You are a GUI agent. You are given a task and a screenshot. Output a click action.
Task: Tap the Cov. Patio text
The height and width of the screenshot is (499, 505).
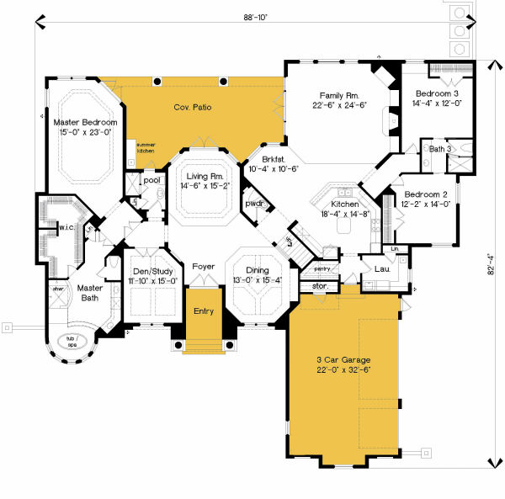pyautogui.click(x=193, y=108)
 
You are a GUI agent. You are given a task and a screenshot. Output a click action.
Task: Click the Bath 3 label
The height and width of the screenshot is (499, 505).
pyautogui.click(x=440, y=148)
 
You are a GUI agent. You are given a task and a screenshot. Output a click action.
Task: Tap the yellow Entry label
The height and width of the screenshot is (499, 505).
pyautogui.click(x=203, y=311)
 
